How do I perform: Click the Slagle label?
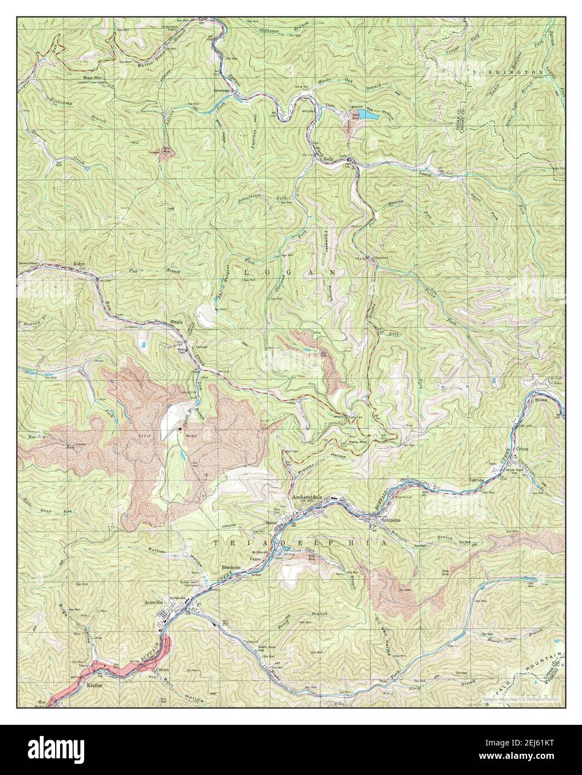(177, 323)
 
